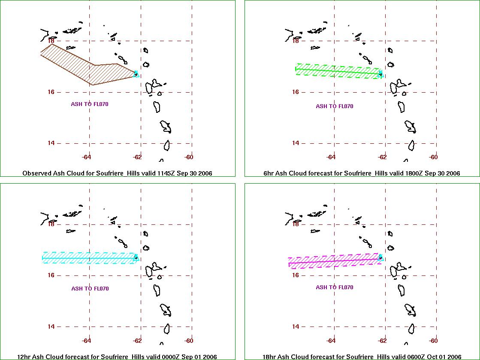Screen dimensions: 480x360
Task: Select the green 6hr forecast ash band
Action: [x=338, y=71]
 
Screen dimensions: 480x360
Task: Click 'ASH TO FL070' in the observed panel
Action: [x=90, y=104]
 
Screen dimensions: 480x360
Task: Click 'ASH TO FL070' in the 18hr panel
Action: [x=335, y=287]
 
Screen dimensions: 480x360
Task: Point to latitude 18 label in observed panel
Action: [x=51, y=40]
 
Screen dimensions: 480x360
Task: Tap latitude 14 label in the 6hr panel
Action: [x=296, y=143]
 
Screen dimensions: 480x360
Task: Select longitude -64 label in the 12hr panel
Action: [x=86, y=340]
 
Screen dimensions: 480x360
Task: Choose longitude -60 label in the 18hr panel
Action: [x=433, y=340]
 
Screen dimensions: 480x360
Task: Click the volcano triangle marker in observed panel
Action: [x=136, y=74]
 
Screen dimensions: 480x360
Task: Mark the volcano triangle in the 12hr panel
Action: [x=136, y=257]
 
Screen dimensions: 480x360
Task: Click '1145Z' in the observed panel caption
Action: [x=166, y=173]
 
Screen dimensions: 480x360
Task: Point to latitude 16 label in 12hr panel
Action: [x=51, y=275]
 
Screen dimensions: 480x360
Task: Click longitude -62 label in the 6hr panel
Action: [x=382, y=157]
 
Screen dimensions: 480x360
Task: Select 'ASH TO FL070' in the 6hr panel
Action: [x=335, y=106]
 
